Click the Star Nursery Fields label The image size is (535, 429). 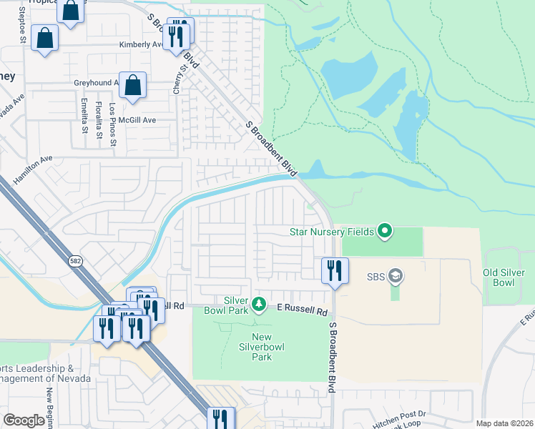pyautogui.click(x=333, y=231)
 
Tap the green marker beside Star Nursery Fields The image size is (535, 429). pyautogui.click(x=385, y=230)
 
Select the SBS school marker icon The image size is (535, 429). pyautogui.click(x=396, y=276)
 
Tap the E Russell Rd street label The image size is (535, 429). pyautogui.click(x=303, y=312)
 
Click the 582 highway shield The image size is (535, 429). pyautogui.click(x=75, y=262)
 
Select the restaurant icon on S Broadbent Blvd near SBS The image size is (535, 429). pyautogui.click(x=335, y=270)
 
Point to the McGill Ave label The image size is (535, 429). pyautogui.click(x=137, y=120)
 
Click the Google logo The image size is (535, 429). pyautogui.click(x=24, y=420)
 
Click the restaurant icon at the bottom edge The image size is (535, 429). pyautogui.click(x=220, y=419)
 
